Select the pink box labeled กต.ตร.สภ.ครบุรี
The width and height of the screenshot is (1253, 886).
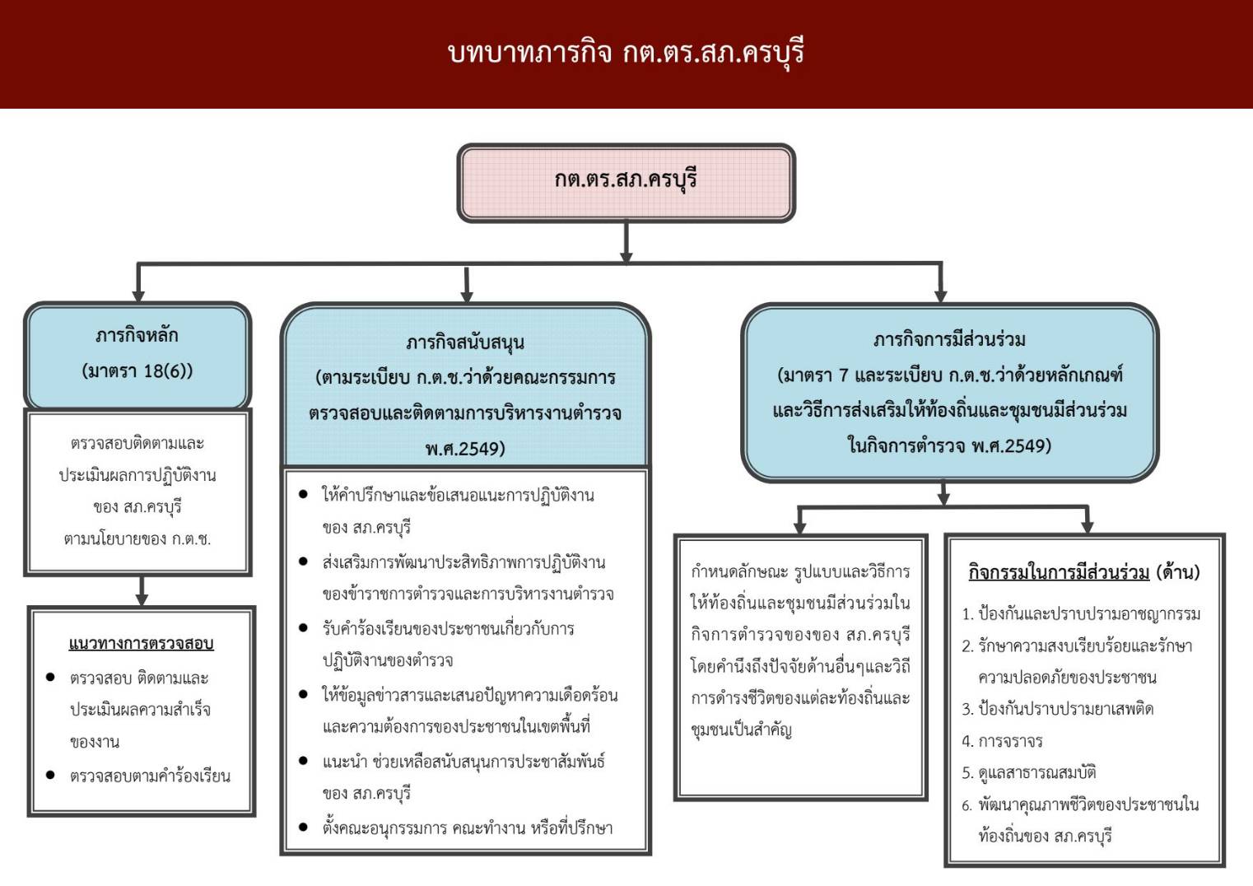(626, 183)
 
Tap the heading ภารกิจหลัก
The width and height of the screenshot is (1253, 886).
(137, 336)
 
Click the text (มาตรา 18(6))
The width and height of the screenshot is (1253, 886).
(137, 371)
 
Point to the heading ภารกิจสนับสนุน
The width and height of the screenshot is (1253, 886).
(465, 343)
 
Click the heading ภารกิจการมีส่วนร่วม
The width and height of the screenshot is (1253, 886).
(950, 339)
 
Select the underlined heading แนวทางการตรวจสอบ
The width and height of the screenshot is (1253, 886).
(141, 644)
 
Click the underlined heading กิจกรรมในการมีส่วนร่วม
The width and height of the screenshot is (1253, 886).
(1059, 572)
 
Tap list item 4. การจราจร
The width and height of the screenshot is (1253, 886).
(1003, 741)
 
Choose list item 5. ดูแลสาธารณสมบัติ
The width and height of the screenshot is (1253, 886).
(1029, 773)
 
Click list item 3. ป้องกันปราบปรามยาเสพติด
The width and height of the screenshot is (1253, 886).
(1058, 709)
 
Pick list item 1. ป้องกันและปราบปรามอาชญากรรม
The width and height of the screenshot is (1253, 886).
(1081, 614)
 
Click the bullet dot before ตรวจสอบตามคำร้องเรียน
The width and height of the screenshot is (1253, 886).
(50, 776)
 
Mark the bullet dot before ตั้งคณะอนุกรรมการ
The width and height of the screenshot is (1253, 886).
(303, 828)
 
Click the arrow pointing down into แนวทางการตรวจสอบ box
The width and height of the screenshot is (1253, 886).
(142, 590)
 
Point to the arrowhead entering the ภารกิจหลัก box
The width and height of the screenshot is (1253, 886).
(138, 296)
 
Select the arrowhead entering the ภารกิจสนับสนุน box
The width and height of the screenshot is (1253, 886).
(467, 296)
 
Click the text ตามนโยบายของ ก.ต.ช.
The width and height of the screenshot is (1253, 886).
(137, 539)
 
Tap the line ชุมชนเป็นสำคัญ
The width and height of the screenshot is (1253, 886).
(741, 730)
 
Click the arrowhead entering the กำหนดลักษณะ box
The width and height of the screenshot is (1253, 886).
(800, 527)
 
